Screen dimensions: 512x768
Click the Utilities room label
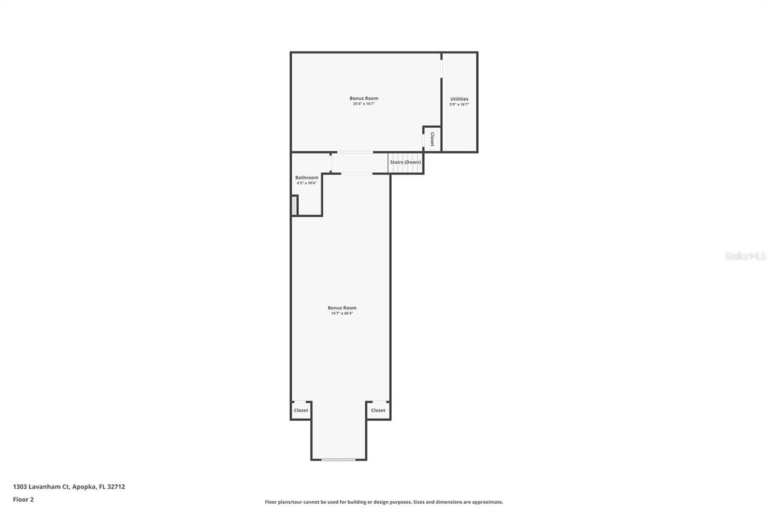[x=459, y=99]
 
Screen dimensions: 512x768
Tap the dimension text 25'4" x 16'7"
[x=364, y=104]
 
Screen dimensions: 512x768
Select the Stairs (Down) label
[x=406, y=162]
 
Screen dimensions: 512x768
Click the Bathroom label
[x=307, y=178]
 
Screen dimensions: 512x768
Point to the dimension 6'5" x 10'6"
[x=307, y=183]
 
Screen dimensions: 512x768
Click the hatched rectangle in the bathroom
[x=295, y=205]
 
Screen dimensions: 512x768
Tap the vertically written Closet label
[x=432, y=139]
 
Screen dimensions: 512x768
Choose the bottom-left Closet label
[x=301, y=411]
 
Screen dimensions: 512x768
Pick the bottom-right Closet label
[x=378, y=411]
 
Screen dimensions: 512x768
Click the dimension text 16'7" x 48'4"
[x=342, y=313]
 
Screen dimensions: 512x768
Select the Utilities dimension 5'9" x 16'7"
[x=459, y=104]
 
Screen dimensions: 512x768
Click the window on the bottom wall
[x=338, y=460]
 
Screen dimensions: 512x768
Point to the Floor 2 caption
[x=23, y=499]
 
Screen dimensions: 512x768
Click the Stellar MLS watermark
[x=745, y=256]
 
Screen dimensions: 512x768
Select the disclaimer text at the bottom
[x=384, y=502]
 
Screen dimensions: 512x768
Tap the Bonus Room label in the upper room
[x=364, y=98]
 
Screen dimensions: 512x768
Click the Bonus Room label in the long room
[x=342, y=308]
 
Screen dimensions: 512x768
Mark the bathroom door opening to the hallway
[x=331, y=163]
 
